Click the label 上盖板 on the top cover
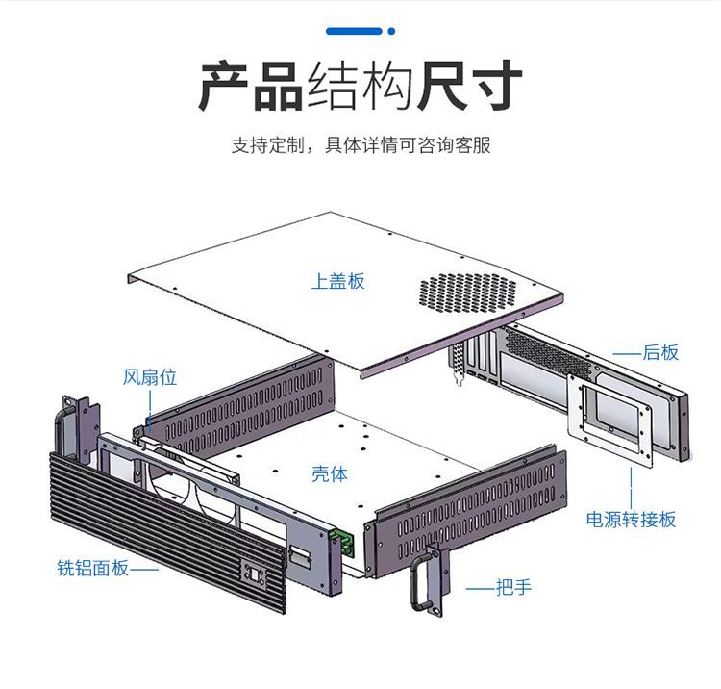pos(338,281)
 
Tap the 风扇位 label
pos(150,377)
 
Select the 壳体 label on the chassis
pos(330,473)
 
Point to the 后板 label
pos(661,352)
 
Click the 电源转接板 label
pos(632,520)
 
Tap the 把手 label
pos(513,587)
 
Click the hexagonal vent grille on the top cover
pos(468,294)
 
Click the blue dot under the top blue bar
pos(391,31)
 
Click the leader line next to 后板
pos(628,353)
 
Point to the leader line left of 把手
pos(480,587)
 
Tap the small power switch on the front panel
pos(256,574)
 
